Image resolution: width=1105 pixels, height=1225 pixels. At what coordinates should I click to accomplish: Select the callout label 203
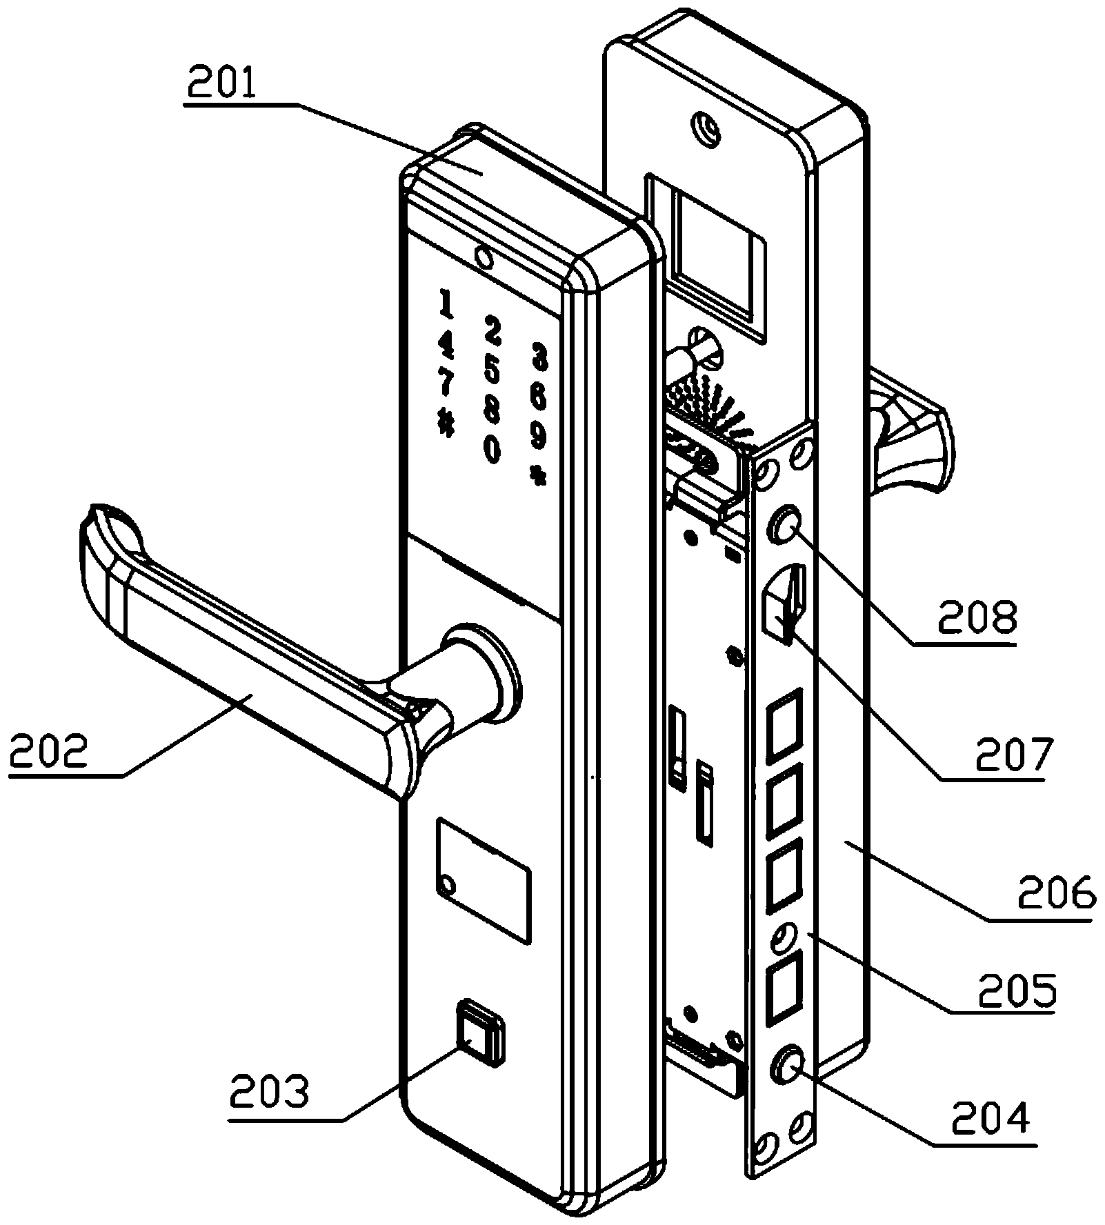(270, 1093)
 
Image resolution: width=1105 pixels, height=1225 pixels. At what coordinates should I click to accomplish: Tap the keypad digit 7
(446, 384)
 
